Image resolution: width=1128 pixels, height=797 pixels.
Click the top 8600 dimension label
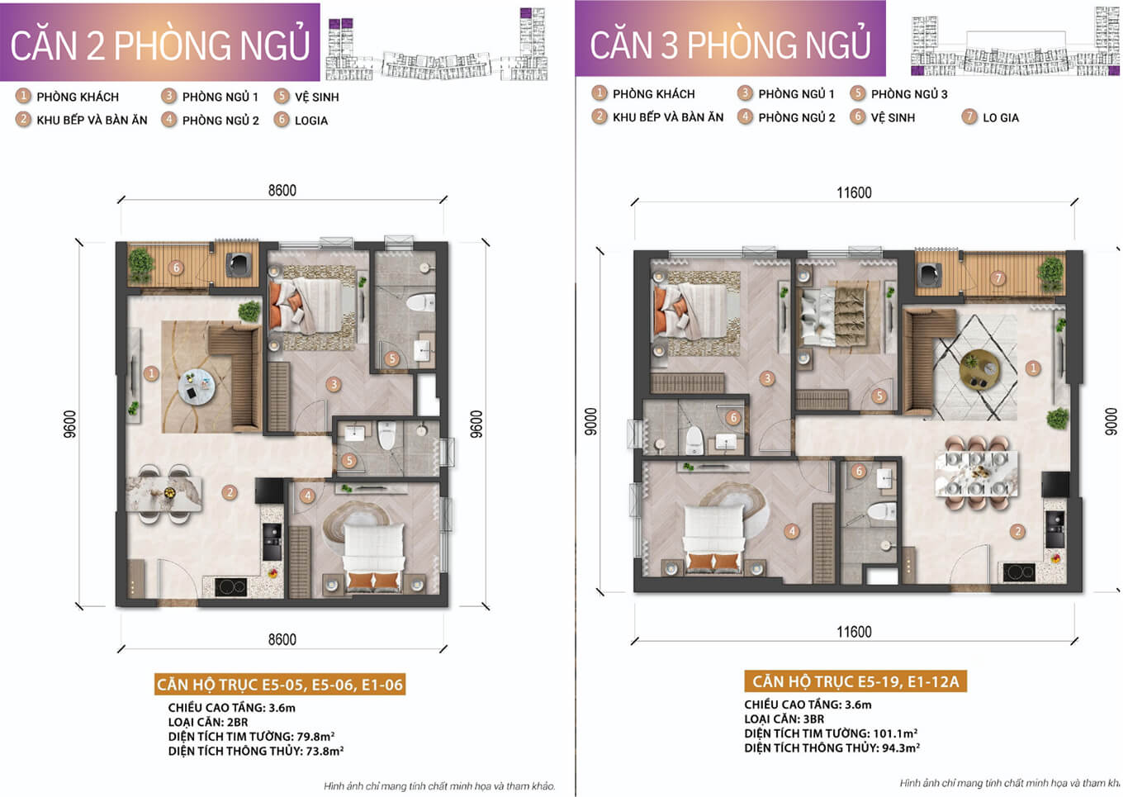coord(282,191)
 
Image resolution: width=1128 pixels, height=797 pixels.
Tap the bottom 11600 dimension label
coord(854,632)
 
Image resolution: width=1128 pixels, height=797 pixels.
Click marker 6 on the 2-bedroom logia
coord(176,268)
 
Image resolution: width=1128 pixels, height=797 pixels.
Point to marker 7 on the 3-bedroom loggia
coord(998,278)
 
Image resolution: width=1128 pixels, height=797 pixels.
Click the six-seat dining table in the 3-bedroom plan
coord(976,473)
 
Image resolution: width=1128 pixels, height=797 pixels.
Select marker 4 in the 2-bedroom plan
coord(308,496)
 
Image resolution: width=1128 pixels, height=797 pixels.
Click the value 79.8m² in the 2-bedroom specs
coord(315,737)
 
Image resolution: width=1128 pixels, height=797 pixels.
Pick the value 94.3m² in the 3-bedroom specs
coord(901,748)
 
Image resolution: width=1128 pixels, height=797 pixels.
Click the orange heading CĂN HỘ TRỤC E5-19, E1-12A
coord(855,681)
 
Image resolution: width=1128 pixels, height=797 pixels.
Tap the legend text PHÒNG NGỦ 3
coord(909,94)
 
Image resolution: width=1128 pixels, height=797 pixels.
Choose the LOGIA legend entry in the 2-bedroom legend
coord(311,121)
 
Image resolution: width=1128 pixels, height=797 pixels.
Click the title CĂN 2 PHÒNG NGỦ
coord(159,45)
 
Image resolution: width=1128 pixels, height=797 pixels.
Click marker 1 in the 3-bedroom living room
coord(1033,368)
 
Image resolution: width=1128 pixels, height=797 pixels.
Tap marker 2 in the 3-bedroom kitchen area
coord(1017,531)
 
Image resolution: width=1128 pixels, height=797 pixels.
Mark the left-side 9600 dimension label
coord(70,425)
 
